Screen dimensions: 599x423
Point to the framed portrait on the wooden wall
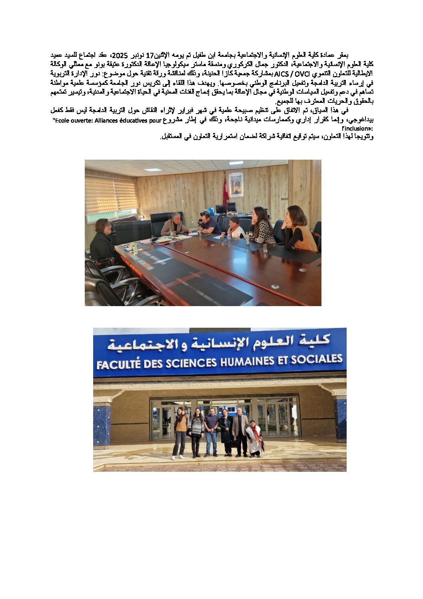[236, 185]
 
